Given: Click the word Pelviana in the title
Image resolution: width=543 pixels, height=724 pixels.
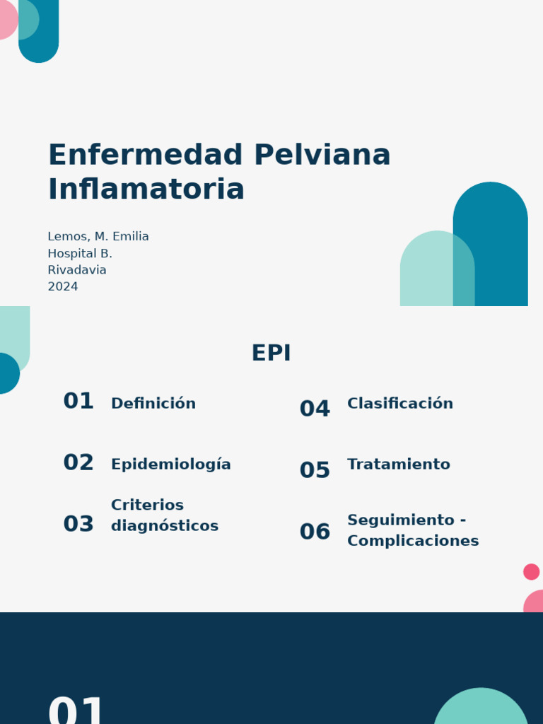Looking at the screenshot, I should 322,156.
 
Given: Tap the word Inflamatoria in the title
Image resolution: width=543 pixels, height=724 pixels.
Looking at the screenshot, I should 146,189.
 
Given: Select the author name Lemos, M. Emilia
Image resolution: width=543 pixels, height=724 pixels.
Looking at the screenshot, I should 98,237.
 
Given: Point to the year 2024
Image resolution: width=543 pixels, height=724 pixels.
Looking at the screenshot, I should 63,287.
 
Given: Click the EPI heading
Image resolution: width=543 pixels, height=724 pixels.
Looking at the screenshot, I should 271,354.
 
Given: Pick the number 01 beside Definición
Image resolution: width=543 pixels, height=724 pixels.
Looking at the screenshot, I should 78,402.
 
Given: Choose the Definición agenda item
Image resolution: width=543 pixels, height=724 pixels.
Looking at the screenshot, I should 153,404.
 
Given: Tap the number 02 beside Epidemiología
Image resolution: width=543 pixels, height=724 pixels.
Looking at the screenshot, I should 78,463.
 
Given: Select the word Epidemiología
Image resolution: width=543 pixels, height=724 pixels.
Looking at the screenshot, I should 171,465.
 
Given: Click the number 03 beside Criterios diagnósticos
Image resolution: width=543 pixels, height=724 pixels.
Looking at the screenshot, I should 78,525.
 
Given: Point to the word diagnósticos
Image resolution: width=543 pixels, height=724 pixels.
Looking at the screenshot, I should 165,526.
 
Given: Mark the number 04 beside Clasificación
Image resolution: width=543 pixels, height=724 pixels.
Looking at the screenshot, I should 315,409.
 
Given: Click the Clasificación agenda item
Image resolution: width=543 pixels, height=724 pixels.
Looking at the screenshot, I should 400,404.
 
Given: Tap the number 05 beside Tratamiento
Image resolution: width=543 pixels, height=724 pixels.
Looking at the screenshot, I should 315,471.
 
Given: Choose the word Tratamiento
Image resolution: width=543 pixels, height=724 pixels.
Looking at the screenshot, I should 399,465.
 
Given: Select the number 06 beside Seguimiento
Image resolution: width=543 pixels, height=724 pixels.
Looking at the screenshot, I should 315,532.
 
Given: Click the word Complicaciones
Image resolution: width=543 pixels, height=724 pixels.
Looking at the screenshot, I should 413,541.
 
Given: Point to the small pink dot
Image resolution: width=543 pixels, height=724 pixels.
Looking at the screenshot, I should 532,572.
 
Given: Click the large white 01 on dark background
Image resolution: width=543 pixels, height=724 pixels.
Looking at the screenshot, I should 76,710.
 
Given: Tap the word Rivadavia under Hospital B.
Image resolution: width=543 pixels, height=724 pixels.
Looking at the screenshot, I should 77,270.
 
